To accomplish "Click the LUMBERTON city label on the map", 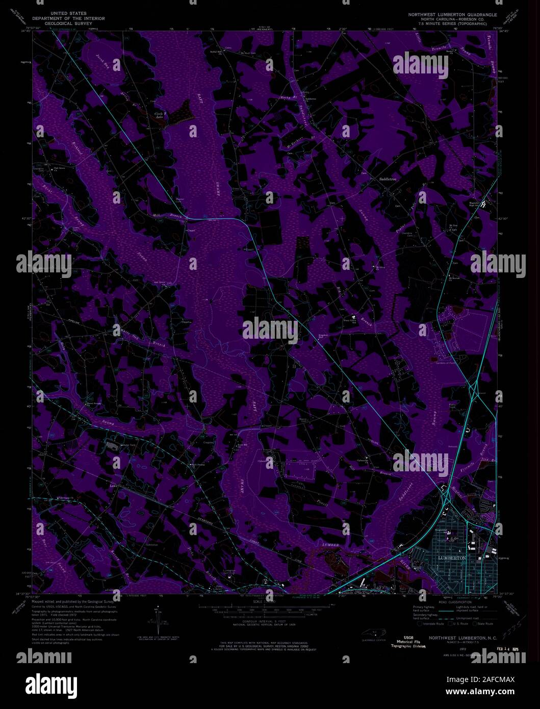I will [452, 559].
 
